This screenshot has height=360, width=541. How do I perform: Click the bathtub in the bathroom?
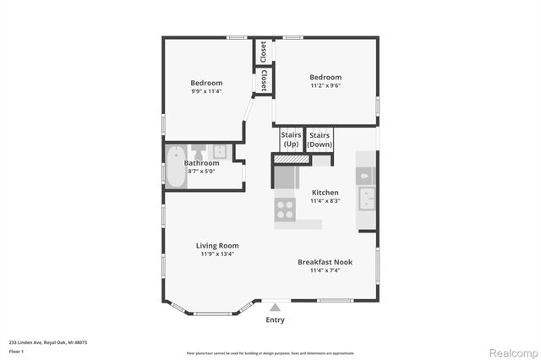[x=176, y=166]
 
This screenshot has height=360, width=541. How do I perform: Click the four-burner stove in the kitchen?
[x=285, y=209]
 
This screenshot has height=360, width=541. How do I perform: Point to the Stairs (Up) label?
[x=291, y=139]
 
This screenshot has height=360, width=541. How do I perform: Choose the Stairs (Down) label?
[x=320, y=139]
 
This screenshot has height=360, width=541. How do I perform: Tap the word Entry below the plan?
[x=276, y=319]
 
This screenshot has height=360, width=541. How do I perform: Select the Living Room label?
[x=217, y=245]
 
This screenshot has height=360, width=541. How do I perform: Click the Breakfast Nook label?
[x=325, y=262]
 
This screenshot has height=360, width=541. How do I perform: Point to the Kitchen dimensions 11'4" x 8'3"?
[x=325, y=200]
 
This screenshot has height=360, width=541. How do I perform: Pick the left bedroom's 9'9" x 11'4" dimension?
[x=206, y=91]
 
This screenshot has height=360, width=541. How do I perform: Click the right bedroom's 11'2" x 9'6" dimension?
[x=325, y=85]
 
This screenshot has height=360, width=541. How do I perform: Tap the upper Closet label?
[x=264, y=51]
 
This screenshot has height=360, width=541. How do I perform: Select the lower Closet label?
[x=264, y=80]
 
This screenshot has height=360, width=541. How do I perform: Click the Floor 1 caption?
[x=17, y=350]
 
